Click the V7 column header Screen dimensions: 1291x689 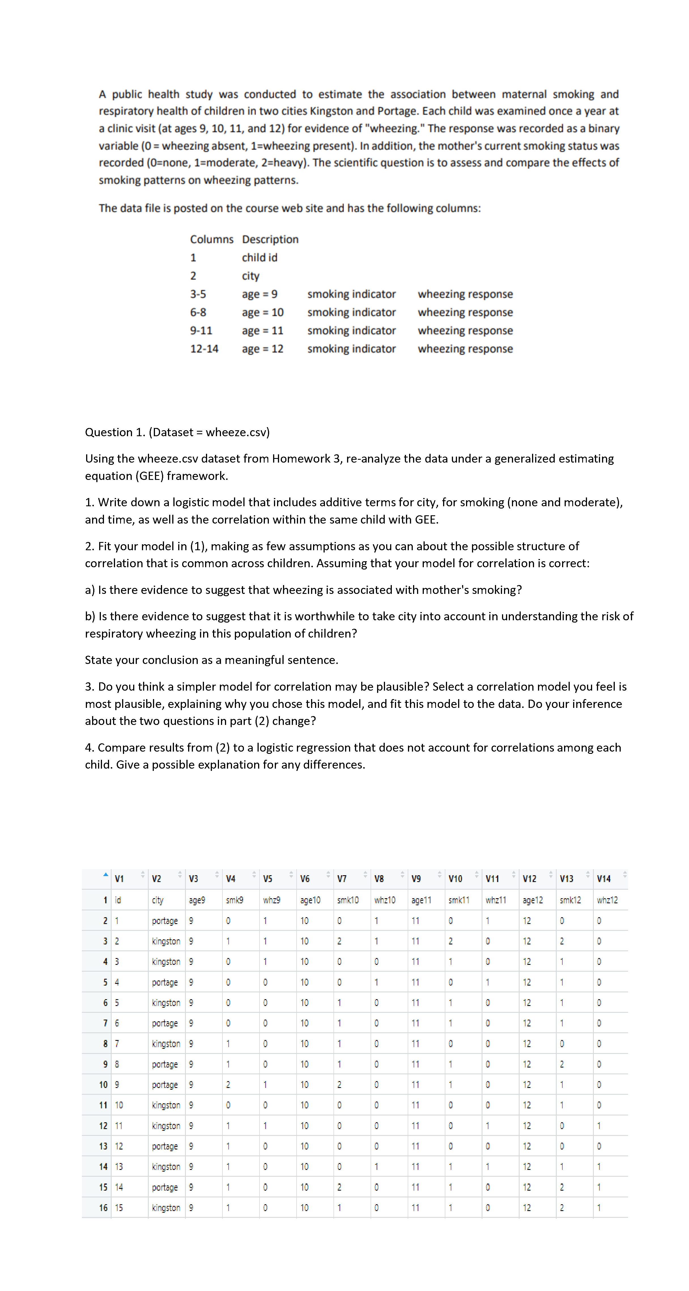(x=342, y=879)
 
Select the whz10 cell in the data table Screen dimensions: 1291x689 (x=384, y=900)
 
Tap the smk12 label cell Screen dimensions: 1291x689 (x=570, y=900)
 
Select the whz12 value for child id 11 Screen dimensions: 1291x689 (x=599, y=1126)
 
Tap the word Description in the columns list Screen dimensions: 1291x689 (x=270, y=240)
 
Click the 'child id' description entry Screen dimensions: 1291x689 (x=260, y=258)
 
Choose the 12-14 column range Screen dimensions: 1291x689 (x=204, y=349)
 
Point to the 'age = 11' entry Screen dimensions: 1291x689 (x=262, y=331)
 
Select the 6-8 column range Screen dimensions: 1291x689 (x=198, y=312)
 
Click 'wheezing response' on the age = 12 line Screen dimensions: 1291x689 (x=465, y=349)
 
